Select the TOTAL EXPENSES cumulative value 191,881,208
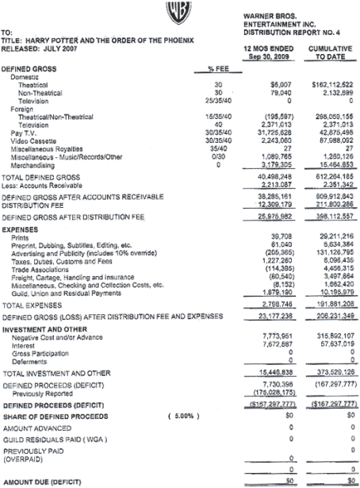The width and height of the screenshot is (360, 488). (332, 305)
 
